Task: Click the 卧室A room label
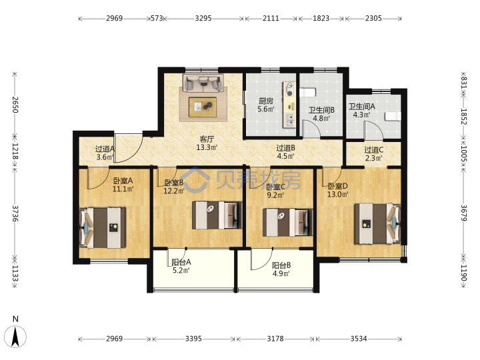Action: (x=123, y=181)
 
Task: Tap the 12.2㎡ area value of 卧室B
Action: (x=174, y=191)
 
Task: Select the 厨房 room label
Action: (x=266, y=101)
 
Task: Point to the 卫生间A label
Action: (x=362, y=107)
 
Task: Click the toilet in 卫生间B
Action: (x=307, y=93)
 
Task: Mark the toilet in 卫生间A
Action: (x=393, y=117)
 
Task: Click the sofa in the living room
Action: (x=203, y=83)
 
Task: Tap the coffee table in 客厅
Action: (x=203, y=107)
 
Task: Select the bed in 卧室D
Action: (x=377, y=224)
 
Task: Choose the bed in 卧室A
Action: (x=103, y=228)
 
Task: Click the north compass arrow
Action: (x=16, y=337)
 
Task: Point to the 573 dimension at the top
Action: (x=157, y=19)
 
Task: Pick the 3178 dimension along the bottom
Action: (x=275, y=339)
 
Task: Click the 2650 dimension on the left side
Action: (x=15, y=105)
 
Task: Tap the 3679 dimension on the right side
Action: (x=464, y=213)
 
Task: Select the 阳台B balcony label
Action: (x=281, y=265)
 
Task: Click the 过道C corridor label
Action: (x=373, y=150)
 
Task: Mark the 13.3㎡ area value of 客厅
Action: (x=207, y=147)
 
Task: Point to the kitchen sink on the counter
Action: (x=289, y=120)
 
